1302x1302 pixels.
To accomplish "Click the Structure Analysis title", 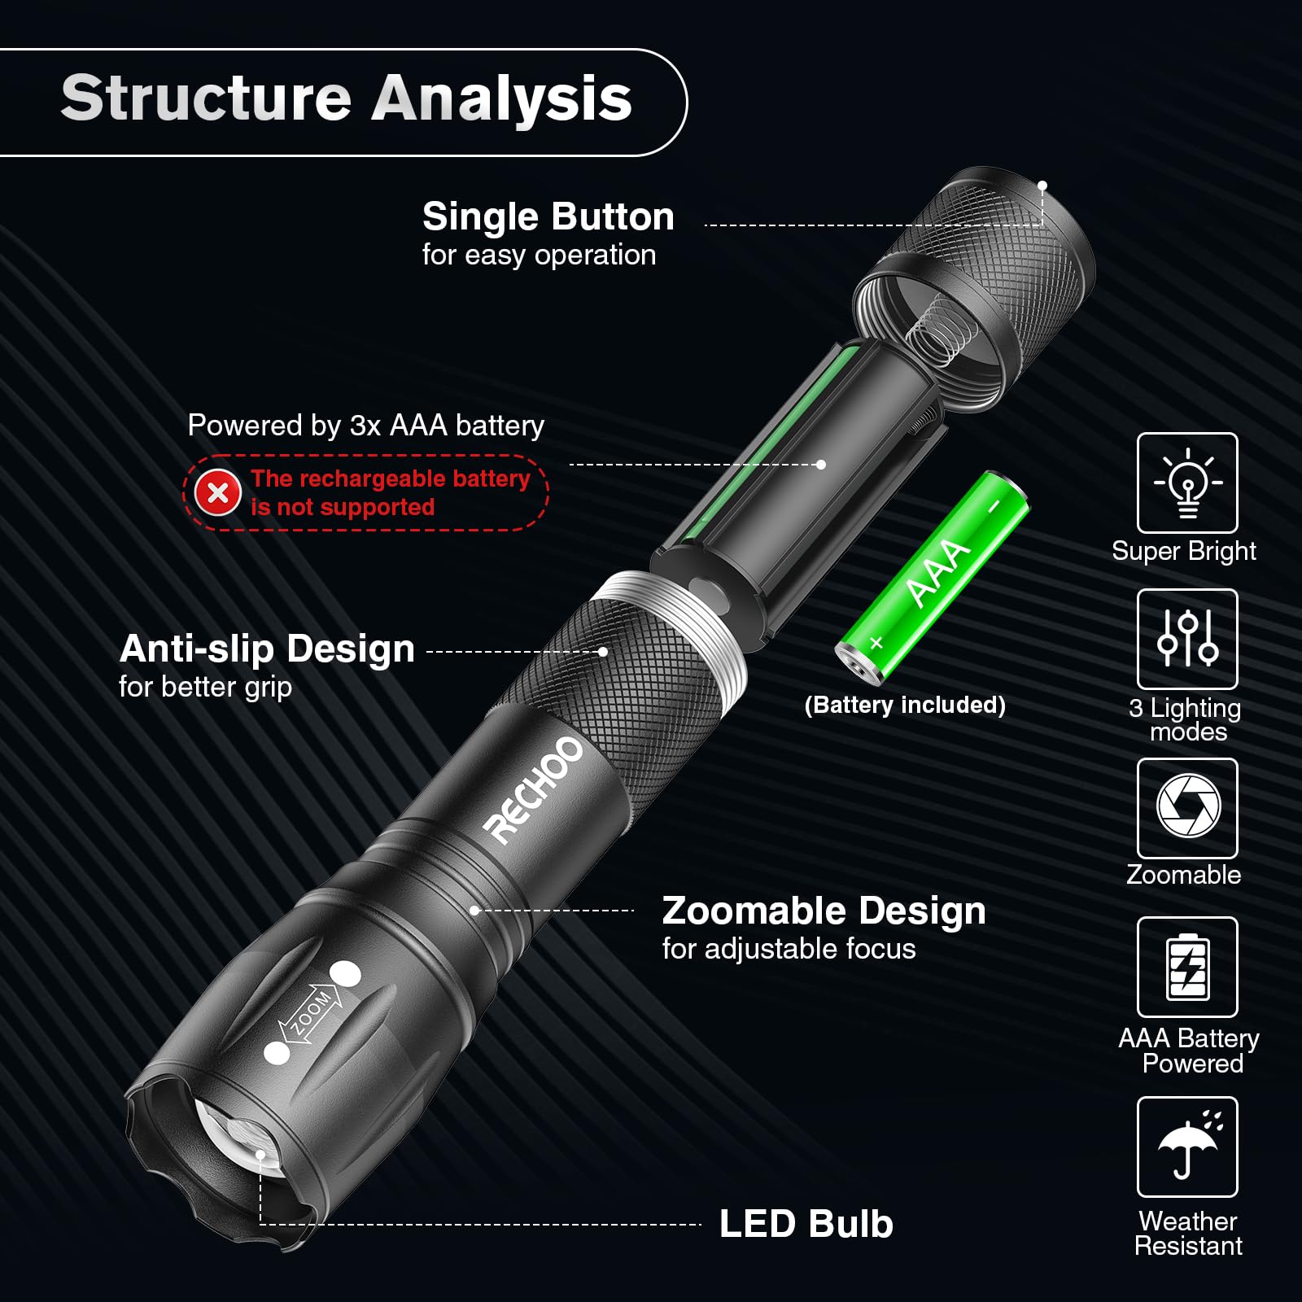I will [346, 98].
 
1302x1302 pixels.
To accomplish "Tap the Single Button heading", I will [548, 217].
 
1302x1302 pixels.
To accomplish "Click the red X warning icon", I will [218, 492].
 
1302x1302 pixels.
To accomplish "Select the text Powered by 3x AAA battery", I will [365, 426].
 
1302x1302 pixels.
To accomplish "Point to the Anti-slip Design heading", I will [267, 649].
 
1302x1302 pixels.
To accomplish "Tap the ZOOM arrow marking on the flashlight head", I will [310, 1014].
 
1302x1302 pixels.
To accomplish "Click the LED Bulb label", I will [806, 1224].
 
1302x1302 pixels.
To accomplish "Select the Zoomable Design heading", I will [824, 911].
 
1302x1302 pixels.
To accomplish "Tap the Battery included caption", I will [905, 705].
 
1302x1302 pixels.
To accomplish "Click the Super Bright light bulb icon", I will [1187, 483].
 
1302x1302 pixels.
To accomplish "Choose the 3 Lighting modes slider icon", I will [1187, 639].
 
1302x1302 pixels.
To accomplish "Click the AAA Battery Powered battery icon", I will [1187, 967].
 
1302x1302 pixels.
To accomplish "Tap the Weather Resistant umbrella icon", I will [1187, 1147].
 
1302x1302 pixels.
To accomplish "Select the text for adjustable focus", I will [789, 949].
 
